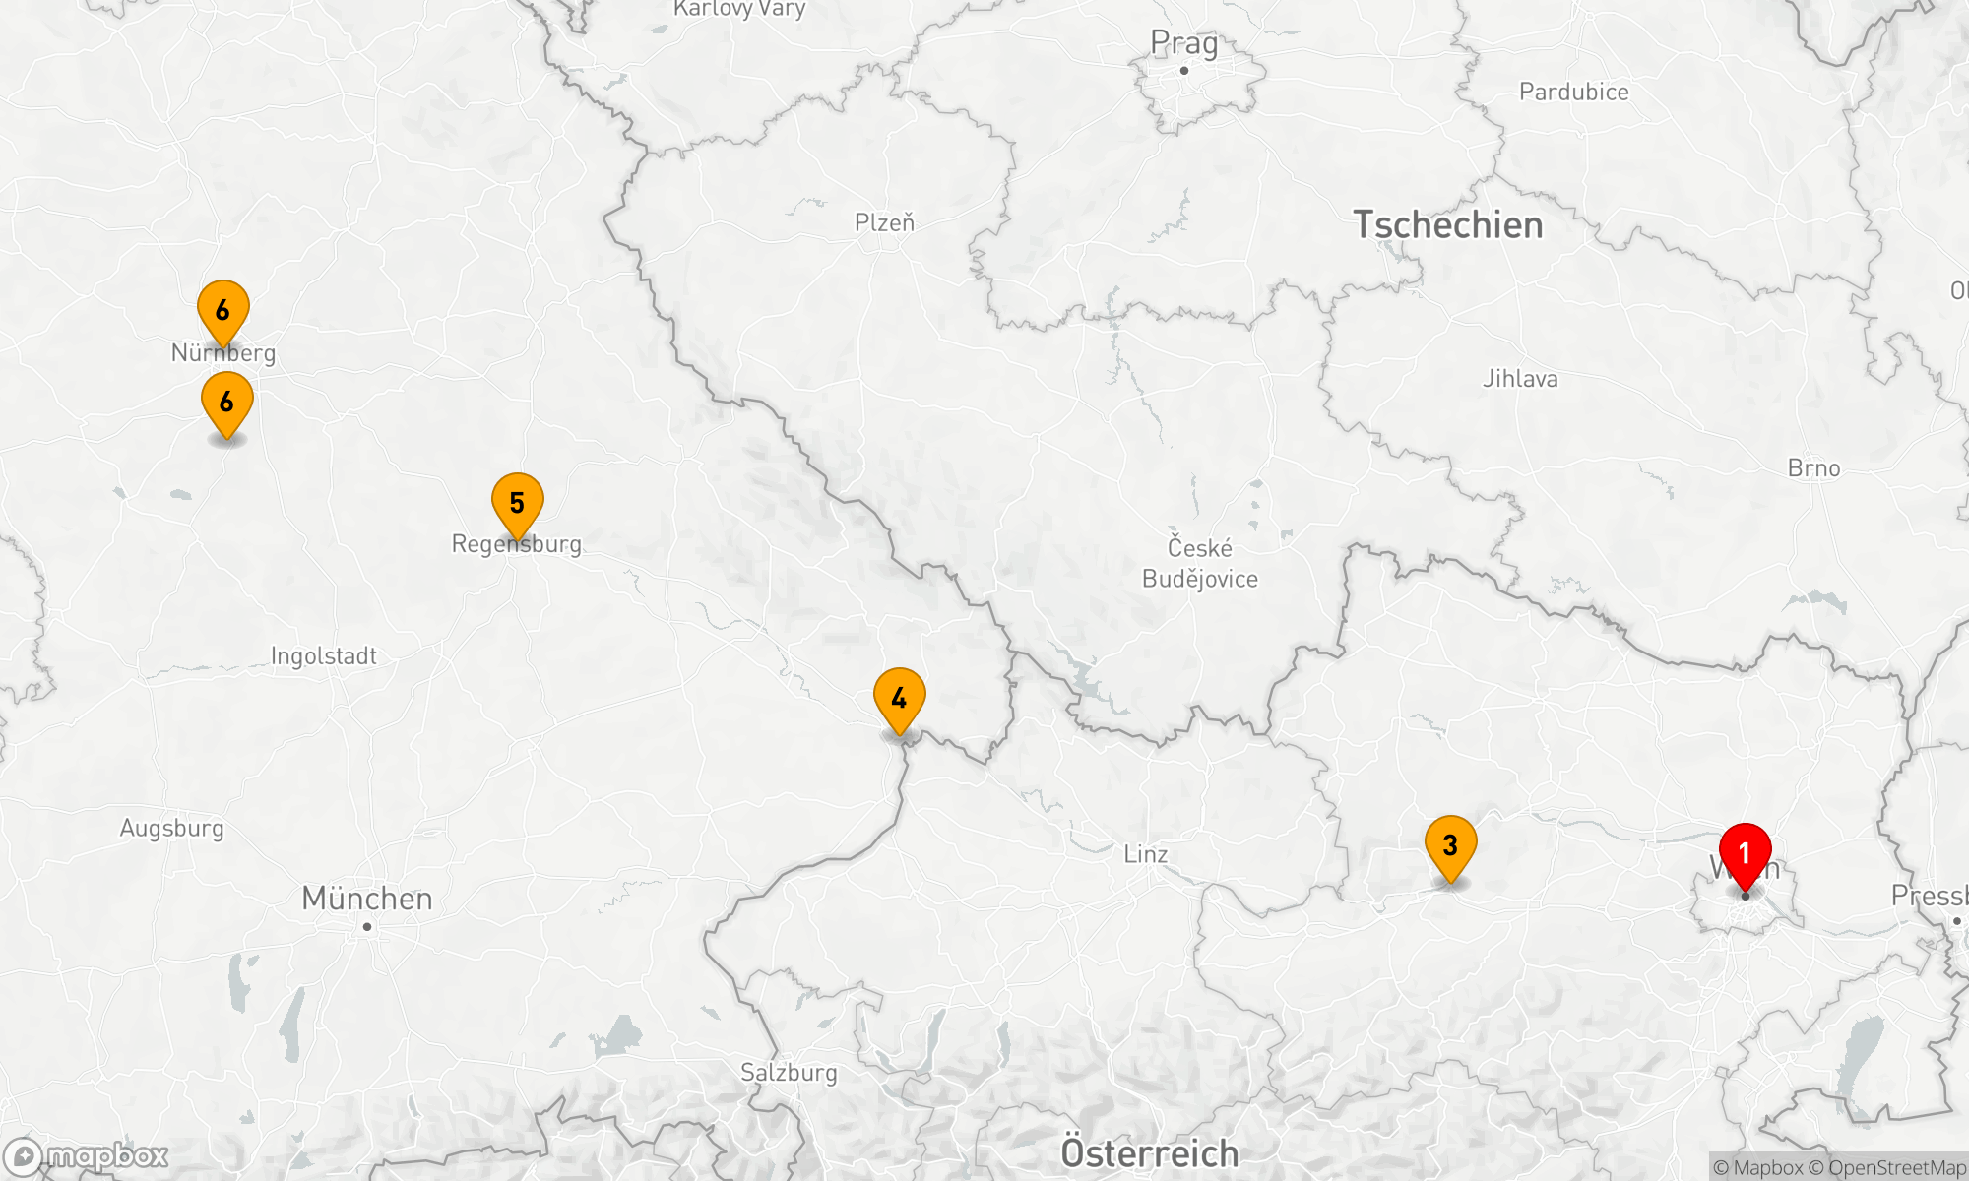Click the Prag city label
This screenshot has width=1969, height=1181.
(1183, 43)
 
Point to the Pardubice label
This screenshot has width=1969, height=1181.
(1573, 93)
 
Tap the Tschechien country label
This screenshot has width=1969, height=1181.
(1447, 225)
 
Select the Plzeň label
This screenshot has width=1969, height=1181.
(884, 223)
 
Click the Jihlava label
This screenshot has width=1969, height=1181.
(1520, 379)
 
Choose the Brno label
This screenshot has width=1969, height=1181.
(1813, 468)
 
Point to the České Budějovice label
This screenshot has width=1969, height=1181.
(1199, 563)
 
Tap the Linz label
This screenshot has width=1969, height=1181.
(1146, 854)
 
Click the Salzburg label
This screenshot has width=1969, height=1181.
(789, 1073)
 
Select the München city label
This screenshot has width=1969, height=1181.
(366, 899)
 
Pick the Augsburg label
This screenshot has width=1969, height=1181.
(171, 829)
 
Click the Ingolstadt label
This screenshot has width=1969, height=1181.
(323, 656)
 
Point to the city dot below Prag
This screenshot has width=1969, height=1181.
(1183, 71)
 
